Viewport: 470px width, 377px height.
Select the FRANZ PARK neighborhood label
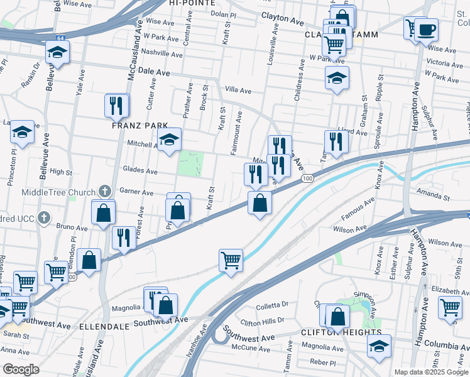(140, 125)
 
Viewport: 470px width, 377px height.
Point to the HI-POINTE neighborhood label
(190, 3)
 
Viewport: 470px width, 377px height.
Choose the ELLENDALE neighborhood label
(104, 327)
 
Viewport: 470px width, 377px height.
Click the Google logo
(20, 369)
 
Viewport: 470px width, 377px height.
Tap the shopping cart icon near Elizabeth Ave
(450, 308)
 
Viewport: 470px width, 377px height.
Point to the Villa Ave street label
(238, 91)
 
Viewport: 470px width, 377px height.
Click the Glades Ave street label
(139, 170)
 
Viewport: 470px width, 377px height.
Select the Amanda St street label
(437, 197)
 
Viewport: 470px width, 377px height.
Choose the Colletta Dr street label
(272, 307)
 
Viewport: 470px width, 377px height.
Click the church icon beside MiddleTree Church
(106, 192)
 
